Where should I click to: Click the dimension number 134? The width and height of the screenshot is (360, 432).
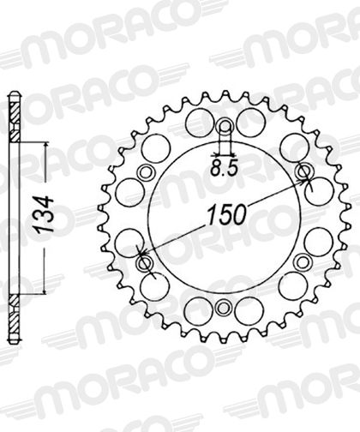coord(43,215)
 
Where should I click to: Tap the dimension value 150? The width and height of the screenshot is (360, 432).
coord(227,214)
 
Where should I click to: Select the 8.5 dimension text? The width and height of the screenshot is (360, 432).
coord(225,169)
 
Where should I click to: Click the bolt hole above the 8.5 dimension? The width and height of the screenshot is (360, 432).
coord(225,125)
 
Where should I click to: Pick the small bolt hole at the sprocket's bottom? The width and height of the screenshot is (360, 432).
coord(224,308)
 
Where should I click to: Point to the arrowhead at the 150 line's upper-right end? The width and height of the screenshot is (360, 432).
coord(303,181)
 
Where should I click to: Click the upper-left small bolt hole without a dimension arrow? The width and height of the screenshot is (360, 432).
coord(146,172)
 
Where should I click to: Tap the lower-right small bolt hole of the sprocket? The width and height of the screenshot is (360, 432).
coord(302,261)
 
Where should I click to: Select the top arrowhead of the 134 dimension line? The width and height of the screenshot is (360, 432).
coord(45,146)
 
